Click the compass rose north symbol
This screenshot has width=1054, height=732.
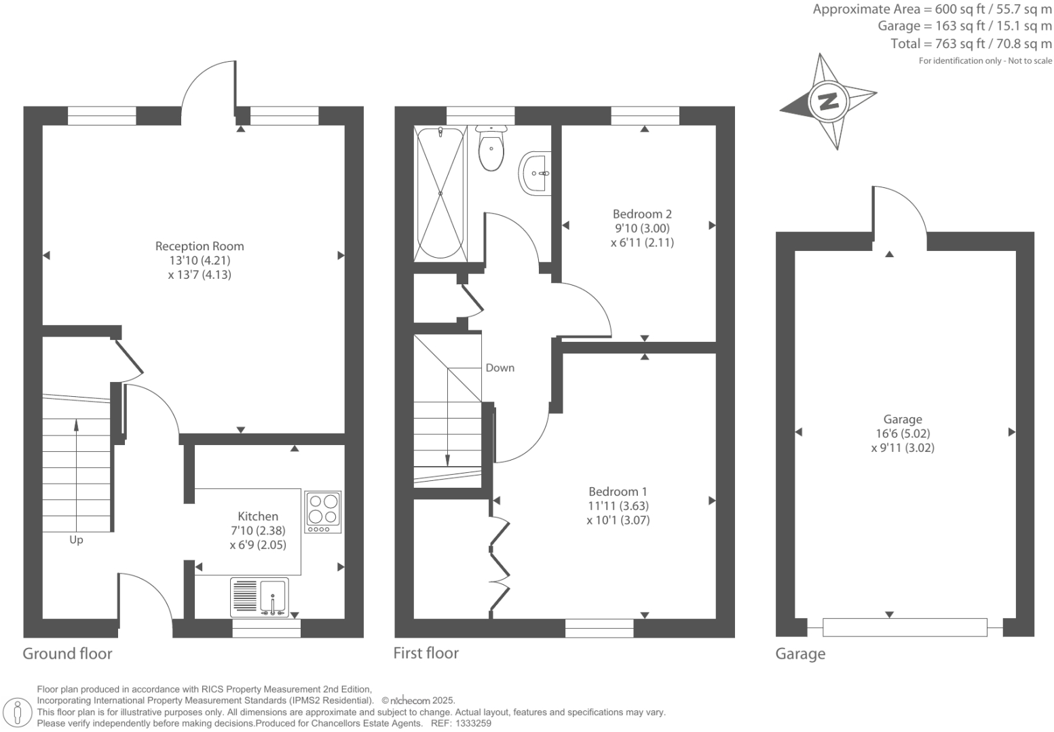(828, 102)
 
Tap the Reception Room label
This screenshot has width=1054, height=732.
(200, 246)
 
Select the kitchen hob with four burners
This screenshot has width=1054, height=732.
(322, 512)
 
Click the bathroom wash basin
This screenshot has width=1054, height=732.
(536, 174)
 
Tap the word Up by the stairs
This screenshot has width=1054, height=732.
(76, 540)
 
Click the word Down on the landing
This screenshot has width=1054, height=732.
(500, 368)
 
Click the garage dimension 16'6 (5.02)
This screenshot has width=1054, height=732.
(903, 434)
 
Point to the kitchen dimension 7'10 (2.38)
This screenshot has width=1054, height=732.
(258, 531)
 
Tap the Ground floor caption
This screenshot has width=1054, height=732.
(67, 653)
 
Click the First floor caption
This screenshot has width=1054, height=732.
(426, 653)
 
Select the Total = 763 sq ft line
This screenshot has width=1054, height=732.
(971, 44)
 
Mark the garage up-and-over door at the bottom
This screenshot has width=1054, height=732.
(905, 627)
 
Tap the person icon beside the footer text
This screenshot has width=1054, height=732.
(18, 712)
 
